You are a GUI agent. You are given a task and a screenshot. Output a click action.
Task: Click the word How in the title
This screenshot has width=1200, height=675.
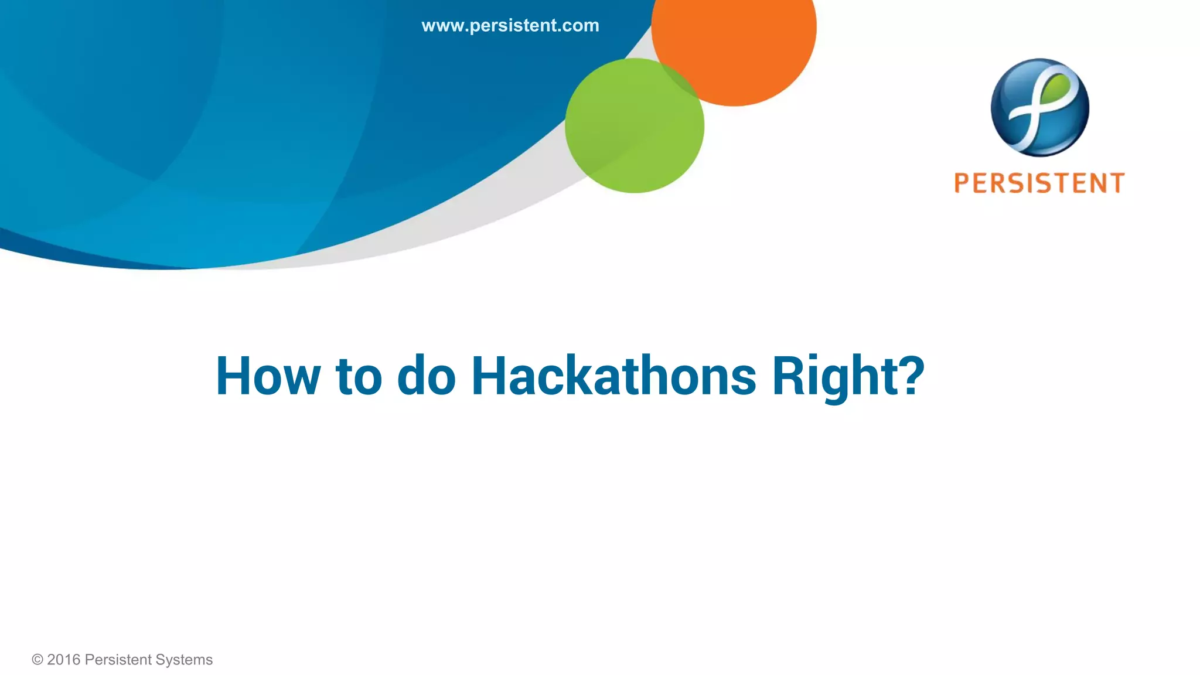pyautogui.click(x=268, y=376)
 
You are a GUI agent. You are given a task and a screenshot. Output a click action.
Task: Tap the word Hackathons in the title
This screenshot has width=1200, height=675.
pyautogui.click(x=613, y=376)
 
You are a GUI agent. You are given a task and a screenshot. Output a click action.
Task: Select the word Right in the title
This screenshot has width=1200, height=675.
pyautogui.click(x=832, y=376)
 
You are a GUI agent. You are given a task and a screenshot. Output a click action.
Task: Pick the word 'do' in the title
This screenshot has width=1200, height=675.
pyautogui.click(x=426, y=376)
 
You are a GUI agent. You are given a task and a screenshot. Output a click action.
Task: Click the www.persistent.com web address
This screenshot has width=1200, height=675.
pyautogui.click(x=510, y=26)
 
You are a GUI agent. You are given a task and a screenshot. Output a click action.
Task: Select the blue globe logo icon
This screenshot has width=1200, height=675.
pyautogui.click(x=1039, y=107)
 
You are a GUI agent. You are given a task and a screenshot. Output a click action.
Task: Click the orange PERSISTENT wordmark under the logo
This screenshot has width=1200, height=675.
pyautogui.click(x=1039, y=183)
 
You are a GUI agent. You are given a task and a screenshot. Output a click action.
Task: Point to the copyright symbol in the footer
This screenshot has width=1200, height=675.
pyautogui.click(x=37, y=660)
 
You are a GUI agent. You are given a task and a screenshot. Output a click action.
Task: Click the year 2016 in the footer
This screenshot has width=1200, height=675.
pyautogui.click(x=64, y=660)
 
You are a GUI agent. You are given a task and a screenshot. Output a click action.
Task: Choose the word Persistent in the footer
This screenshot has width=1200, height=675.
pyautogui.click(x=118, y=660)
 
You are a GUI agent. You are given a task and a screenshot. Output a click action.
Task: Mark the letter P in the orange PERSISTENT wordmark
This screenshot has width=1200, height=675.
pyautogui.click(x=962, y=183)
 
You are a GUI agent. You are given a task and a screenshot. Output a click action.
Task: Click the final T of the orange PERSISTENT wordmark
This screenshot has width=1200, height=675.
pyautogui.click(x=1116, y=183)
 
